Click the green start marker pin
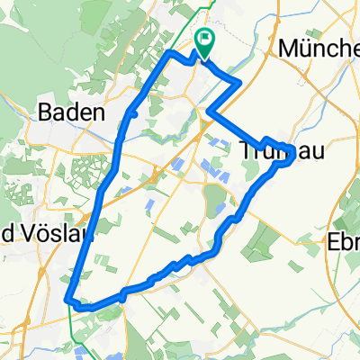(204, 40)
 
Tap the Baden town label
(74, 114)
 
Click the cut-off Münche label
(319, 49)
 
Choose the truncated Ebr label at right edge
(344, 243)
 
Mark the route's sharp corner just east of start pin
(239, 84)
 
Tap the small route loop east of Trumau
(286, 155)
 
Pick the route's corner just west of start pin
(171, 54)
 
